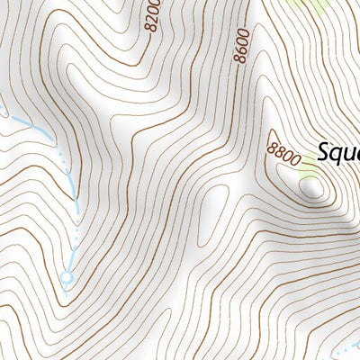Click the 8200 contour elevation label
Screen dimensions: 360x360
point(150,15)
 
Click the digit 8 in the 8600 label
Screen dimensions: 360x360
point(238,58)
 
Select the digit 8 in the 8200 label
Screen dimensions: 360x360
point(149,28)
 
